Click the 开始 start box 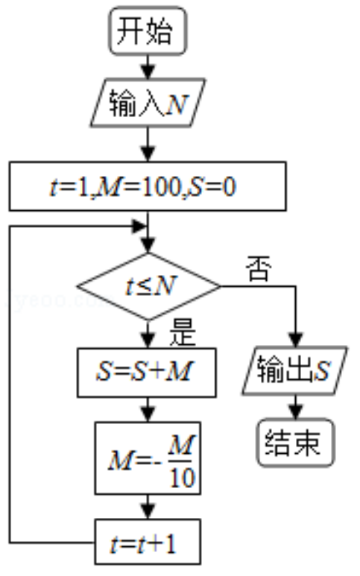point(148,31)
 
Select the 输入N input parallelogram point(148,103)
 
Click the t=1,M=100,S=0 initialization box point(148,186)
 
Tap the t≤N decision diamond point(148,286)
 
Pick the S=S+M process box point(147,373)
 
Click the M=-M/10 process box point(148,458)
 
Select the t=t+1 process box point(148,542)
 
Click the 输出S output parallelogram point(294,370)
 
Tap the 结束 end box point(296,443)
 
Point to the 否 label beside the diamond point(259,268)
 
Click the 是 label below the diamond point(183,332)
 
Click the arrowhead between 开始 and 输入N point(148,72)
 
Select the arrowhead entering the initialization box point(148,154)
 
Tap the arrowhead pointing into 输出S point(296,340)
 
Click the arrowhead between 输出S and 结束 point(296,411)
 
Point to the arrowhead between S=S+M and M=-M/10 point(148,415)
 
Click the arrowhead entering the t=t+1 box point(148,512)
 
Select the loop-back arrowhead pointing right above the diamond point(139,227)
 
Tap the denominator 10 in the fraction point(182,478)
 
